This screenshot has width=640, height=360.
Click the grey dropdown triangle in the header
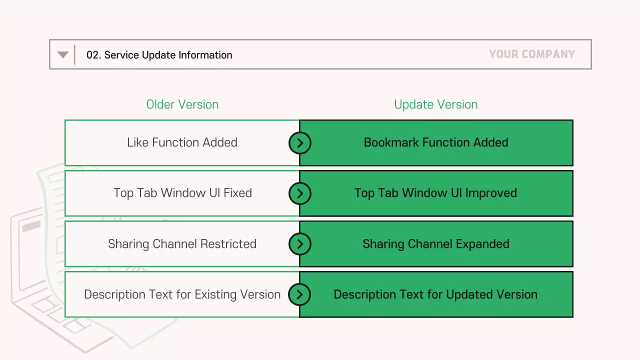[63, 54]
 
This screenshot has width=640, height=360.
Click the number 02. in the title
[93, 55]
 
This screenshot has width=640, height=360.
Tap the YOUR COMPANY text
[531, 54]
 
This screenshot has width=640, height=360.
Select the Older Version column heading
[182, 104]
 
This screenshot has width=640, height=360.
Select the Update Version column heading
[435, 104]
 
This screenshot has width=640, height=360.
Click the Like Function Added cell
[182, 142]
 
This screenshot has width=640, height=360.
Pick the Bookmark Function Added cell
[436, 142]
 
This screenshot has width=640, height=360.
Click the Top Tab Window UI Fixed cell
[182, 193]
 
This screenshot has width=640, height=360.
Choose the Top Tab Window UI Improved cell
[436, 193]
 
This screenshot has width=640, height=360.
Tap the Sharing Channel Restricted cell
[182, 244]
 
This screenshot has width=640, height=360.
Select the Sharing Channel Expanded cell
[436, 244]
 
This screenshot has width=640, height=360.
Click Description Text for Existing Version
[182, 294]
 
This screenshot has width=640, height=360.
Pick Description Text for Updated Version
[435, 294]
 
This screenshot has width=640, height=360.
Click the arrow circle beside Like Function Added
[299, 143]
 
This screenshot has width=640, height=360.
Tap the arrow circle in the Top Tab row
[299, 193]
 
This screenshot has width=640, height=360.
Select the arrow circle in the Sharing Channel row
[299, 244]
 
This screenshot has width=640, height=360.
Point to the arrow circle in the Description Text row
[299, 294]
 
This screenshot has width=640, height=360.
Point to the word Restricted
[228, 244]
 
